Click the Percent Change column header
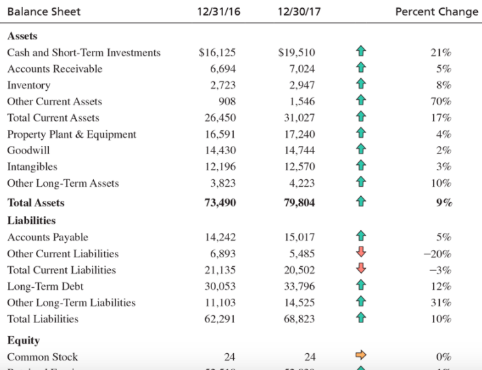(x=436, y=12)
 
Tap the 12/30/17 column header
(x=296, y=12)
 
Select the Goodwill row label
(x=28, y=151)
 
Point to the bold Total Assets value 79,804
(x=298, y=203)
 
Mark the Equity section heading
(x=23, y=340)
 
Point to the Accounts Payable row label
(x=48, y=238)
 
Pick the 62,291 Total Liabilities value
(x=220, y=319)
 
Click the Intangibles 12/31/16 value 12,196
(x=220, y=167)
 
